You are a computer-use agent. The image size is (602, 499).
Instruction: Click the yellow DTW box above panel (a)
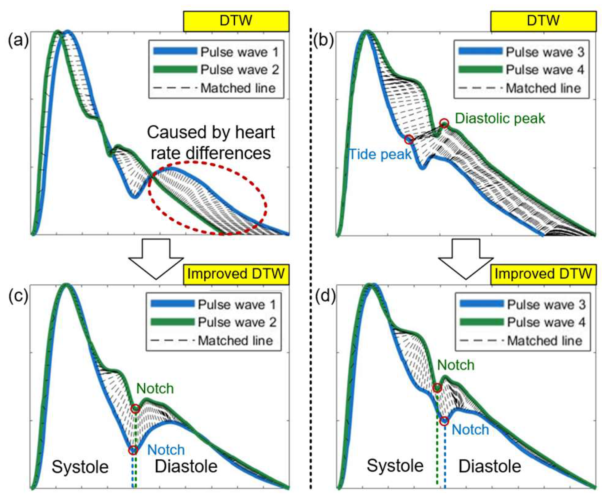(236, 21)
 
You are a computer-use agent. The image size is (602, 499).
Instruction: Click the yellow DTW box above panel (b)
(543, 21)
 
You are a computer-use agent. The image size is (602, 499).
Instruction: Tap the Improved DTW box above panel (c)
(236, 274)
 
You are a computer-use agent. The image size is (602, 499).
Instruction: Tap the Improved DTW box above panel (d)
(543, 274)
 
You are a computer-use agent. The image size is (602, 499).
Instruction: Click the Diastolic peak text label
(500, 118)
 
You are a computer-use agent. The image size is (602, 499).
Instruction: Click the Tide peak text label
(380, 154)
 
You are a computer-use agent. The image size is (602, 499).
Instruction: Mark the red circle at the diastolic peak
(444, 124)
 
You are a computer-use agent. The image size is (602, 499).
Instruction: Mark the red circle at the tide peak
(409, 140)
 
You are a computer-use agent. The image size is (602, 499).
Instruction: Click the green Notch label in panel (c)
(155, 389)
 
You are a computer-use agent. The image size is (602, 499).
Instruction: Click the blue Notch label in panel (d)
(470, 430)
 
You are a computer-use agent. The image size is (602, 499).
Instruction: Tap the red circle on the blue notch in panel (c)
(133, 451)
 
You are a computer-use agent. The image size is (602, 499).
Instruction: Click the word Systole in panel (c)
(80, 467)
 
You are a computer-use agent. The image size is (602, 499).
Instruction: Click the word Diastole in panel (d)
(490, 466)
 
